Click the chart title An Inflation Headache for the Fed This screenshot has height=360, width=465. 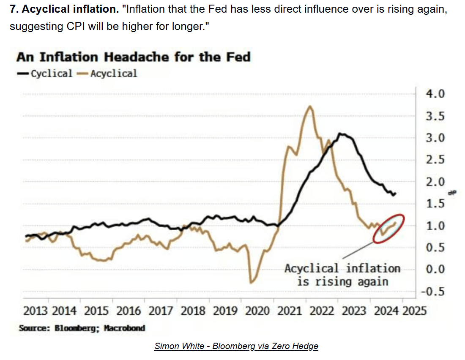coord(134,57)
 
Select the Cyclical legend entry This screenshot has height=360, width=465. coord(45,74)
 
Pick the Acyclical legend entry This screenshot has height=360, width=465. coord(108,74)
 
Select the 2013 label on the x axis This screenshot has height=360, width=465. coord(36,311)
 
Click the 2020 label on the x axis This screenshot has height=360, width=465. coord(257,311)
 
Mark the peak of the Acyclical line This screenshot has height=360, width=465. coord(311,106)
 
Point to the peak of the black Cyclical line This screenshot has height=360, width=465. coord(341,134)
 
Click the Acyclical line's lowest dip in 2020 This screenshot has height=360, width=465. coord(251,282)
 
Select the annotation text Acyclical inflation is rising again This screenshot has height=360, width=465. coord(342,275)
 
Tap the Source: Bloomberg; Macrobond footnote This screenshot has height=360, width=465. coord(82,328)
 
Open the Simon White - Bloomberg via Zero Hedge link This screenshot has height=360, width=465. coord(236,346)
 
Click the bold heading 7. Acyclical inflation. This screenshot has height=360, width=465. coord(63,10)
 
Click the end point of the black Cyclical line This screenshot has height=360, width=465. coord(395,193)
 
